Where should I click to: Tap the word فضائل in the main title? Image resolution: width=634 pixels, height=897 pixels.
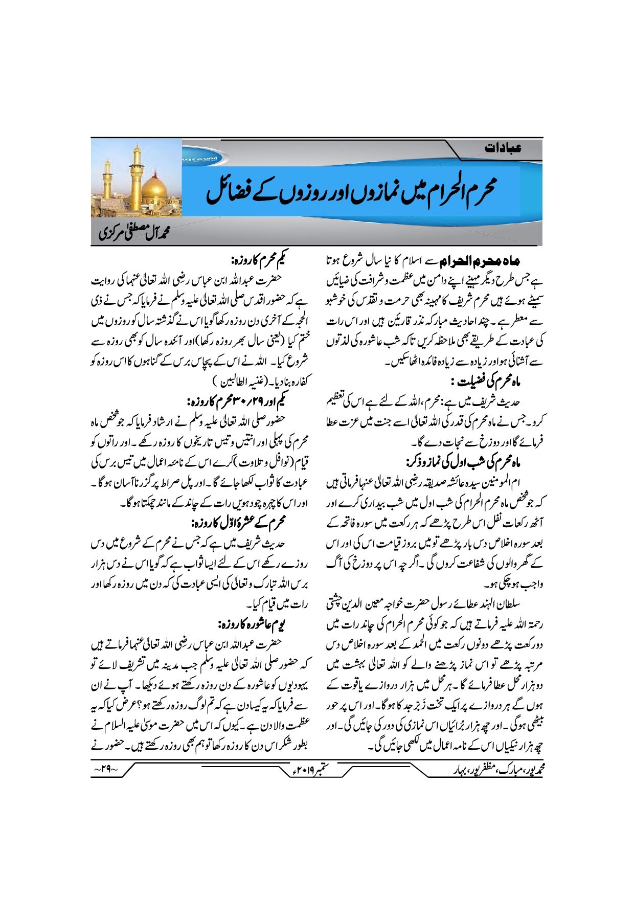[230, 192]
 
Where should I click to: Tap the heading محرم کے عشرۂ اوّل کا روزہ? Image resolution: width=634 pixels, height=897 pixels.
[238, 523]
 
